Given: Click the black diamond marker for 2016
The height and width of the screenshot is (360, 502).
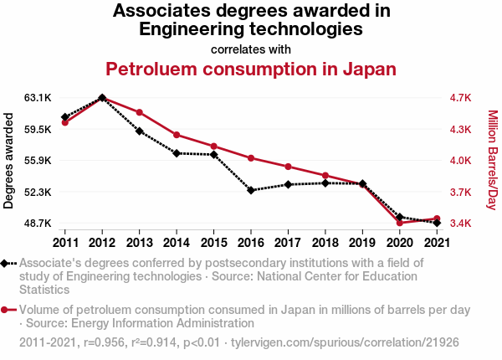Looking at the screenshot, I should point(251,190).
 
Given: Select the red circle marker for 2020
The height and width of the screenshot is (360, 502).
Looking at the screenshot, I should point(400,223).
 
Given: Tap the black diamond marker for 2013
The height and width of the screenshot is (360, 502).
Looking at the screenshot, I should point(139,131).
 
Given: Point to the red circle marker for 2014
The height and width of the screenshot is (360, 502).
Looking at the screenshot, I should point(177,135).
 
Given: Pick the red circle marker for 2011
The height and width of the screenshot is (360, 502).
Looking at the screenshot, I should point(64,123).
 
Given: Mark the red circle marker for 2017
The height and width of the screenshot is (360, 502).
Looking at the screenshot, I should point(288,167).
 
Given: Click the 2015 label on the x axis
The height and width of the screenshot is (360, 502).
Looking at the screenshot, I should point(213,243).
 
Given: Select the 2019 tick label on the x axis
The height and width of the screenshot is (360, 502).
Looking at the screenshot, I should point(362,243).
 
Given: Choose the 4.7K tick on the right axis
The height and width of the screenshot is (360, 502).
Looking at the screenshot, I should point(461,98).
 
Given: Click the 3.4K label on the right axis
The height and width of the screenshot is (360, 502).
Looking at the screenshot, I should point(461,224).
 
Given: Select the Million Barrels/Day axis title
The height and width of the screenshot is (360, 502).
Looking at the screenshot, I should point(492,161).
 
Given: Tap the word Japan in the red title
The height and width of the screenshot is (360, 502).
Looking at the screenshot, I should point(369,69).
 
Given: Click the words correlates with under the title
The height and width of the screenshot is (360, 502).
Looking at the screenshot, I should point(251,49).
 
